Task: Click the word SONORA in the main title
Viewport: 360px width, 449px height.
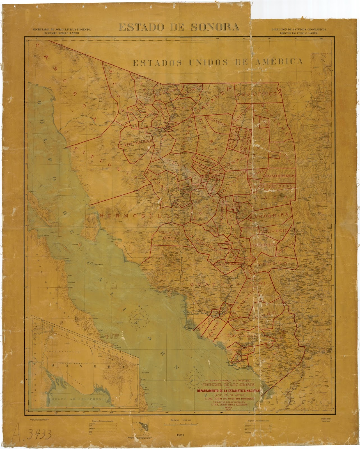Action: (215, 27)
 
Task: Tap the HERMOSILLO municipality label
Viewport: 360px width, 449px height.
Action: (140, 216)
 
